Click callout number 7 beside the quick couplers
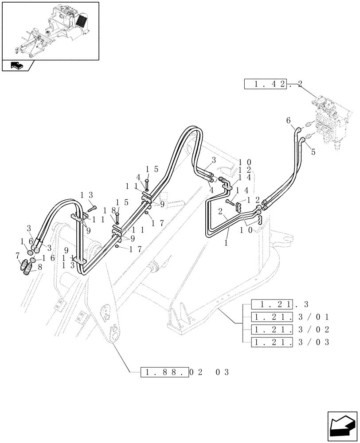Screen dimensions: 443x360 (x=17, y=256)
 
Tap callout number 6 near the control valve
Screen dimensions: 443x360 (x=288, y=120)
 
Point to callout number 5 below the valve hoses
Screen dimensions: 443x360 (x=313, y=152)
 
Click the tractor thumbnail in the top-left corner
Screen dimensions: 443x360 (x=50, y=30)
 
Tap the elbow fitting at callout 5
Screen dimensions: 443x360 (x=303, y=140)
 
